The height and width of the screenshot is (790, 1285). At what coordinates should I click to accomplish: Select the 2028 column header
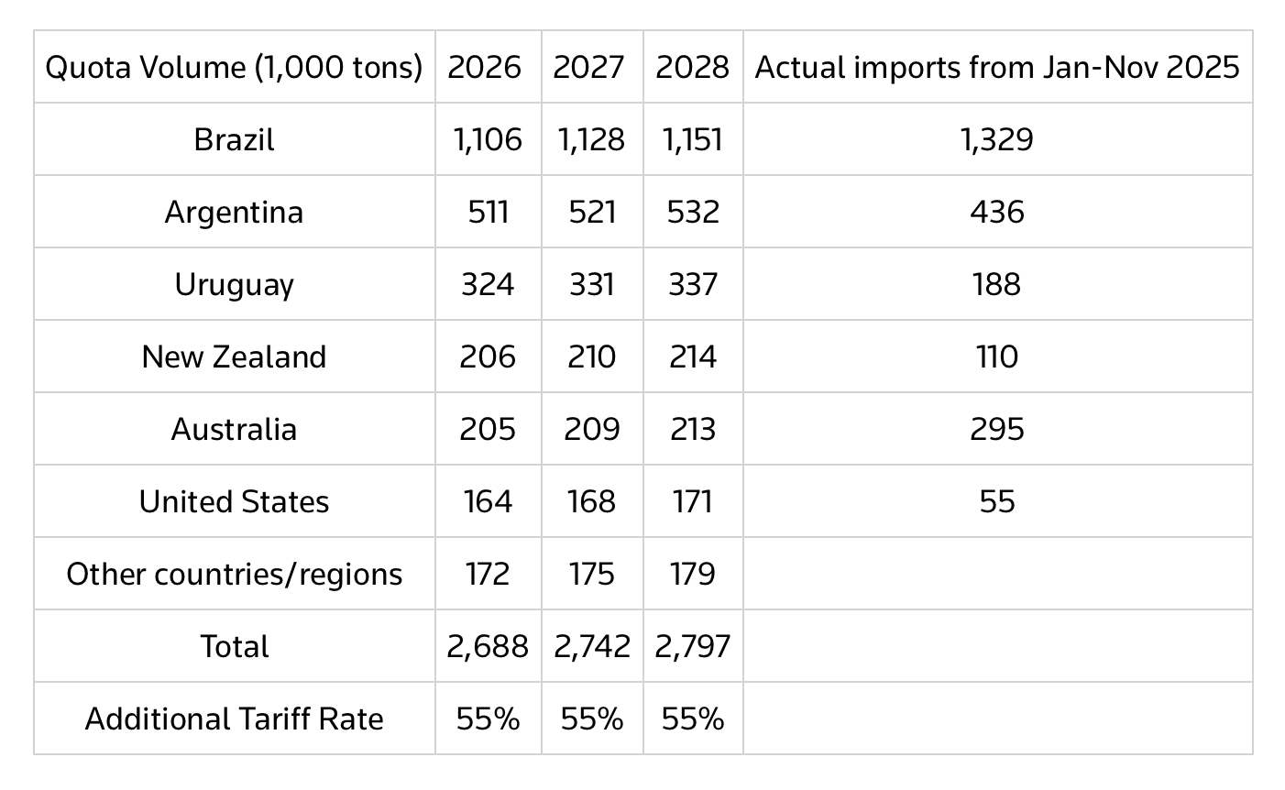(x=693, y=67)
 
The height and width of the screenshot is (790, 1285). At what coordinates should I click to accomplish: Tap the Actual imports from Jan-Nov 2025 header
(x=997, y=67)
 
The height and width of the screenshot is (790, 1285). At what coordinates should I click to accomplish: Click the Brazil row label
(x=235, y=139)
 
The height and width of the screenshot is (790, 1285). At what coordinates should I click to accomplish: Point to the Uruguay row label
(x=235, y=284)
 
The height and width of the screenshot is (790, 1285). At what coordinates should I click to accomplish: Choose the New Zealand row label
(x=235, y=357)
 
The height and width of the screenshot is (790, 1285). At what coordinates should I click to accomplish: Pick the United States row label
(x=235, y=501)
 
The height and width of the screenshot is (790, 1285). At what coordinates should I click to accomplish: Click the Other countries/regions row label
(x=235, y=574)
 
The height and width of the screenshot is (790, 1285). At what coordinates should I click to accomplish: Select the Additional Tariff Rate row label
(x=235, y=719)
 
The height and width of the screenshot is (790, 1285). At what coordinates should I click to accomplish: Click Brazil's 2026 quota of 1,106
(x=488, y=139)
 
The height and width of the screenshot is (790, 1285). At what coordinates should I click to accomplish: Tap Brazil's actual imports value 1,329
(x=997, y=139)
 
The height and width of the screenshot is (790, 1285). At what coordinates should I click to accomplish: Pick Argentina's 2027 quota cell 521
(x=591, y=212)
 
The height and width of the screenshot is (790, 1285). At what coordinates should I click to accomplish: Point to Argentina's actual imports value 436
(x=997, y=212)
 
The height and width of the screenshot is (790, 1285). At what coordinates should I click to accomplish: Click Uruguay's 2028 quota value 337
(x=693, y=284)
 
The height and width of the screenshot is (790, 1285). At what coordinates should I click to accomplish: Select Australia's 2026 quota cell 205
(x=488, y=429)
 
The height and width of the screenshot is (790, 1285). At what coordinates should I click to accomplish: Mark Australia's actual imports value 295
(x=997, y=429)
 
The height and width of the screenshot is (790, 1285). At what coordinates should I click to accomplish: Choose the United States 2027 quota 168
(x=591, y=501)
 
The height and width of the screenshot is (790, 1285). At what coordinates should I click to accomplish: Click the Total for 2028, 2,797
(x=693, y=646)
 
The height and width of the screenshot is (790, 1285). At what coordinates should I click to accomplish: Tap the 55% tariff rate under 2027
(x=591, y=719)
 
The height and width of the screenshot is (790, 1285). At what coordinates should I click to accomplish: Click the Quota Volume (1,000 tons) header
(x=235, y=67)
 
